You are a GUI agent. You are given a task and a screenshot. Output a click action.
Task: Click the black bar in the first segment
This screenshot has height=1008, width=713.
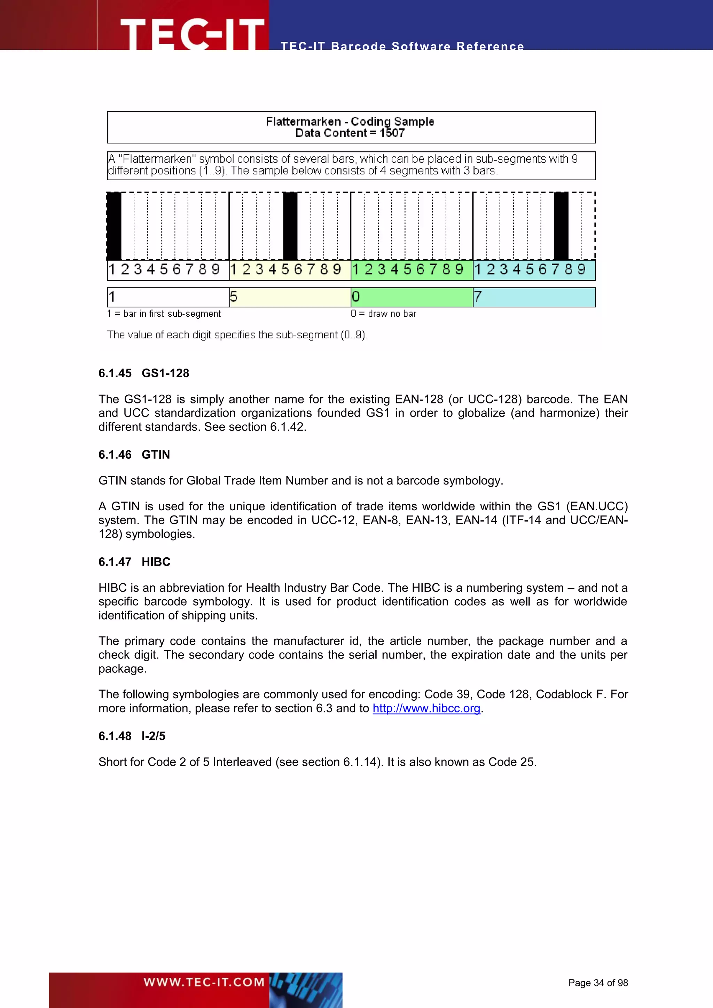(114, 226)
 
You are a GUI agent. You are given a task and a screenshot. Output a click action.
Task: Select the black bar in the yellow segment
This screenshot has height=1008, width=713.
(290, 226)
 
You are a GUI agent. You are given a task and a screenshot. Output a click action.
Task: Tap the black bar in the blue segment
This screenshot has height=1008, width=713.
(561, 226)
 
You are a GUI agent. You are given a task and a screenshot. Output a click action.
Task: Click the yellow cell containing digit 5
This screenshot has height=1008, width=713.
(290, 297)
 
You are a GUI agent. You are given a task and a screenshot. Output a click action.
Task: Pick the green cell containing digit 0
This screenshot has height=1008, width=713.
(412, 297)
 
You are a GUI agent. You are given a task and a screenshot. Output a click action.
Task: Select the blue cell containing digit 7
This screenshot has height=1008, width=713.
(534, 297)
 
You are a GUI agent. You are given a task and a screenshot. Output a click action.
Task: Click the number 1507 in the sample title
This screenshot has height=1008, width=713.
(392, 133)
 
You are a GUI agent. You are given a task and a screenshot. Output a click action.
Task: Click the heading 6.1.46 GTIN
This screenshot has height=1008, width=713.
(134, 454)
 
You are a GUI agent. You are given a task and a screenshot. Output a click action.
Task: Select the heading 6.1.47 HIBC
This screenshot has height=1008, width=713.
(134, 561)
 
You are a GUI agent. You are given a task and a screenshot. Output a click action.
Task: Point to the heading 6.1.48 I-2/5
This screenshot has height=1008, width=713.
(132, 736)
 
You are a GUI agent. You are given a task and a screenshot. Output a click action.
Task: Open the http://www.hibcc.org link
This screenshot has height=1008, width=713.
(426, 708)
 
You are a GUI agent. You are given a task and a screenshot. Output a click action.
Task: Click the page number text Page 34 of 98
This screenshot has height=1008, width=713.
(598, 983)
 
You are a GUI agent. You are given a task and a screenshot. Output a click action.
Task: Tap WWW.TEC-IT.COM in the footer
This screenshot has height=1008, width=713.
(204, 982)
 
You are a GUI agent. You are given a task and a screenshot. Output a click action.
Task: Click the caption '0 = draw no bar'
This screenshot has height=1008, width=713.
(383, 314)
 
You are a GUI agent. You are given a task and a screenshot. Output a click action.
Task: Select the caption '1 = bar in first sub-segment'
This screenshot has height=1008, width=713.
(164, 314)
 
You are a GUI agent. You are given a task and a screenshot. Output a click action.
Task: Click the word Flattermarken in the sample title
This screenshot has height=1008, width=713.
(303, 121)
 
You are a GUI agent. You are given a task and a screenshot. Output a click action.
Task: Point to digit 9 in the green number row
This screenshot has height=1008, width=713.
(459, 269)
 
